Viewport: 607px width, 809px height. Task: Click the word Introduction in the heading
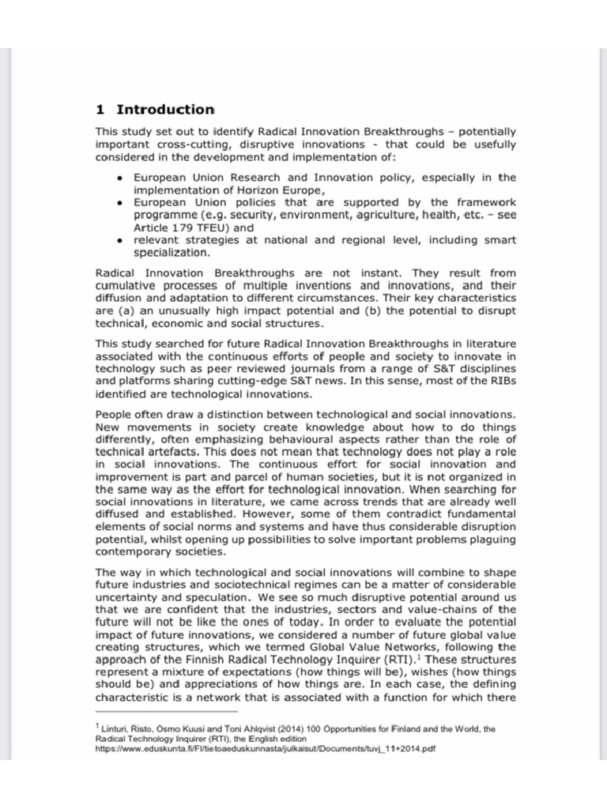[x=165, y=110]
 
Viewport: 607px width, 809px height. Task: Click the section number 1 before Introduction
[x=100, y=110]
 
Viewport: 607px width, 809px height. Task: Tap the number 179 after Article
[x=183, y=228]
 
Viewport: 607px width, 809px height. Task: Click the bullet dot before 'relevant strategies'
[x=119, y=240]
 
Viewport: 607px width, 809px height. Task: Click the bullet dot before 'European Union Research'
[x=119, y=178]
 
